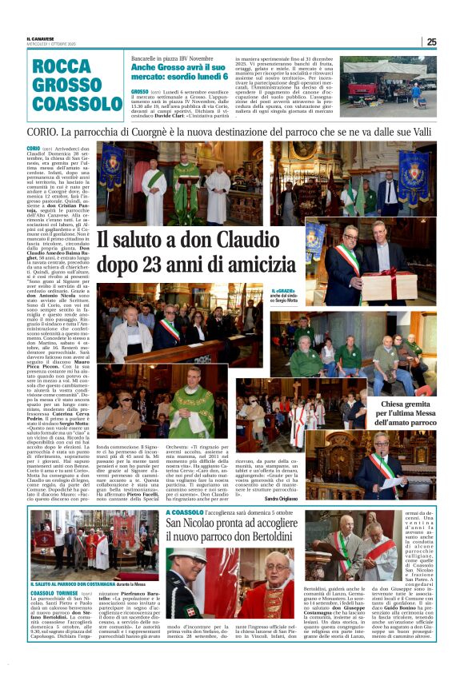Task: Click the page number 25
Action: click(x=431, y=42)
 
